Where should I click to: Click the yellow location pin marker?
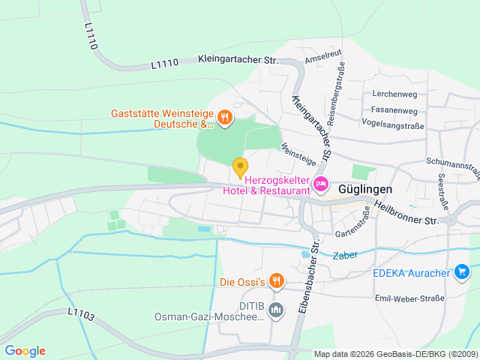[x=240, y=167]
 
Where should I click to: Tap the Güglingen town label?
[x=367, y=190]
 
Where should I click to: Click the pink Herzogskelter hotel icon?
[x=320, y=184]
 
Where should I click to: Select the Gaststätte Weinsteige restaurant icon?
[x=224, y=117]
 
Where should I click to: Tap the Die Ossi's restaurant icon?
[x=277, y=281]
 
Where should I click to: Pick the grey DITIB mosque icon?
[x=276, y=309]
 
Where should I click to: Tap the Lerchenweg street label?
[x=395, y=94]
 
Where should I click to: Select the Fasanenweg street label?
[x=394, y=109]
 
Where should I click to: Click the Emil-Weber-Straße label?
[x=413, y=298]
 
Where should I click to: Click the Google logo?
[x=25, y=351]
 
